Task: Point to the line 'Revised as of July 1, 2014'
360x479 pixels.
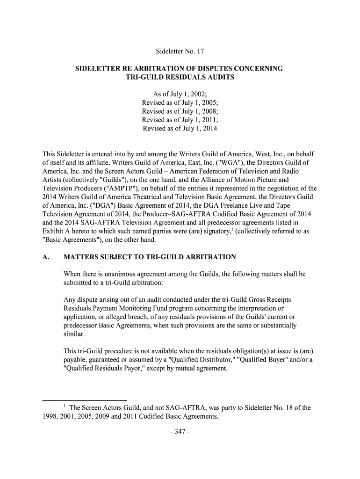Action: tap(180, 128)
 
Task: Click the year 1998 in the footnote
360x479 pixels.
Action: tap(45, 417)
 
